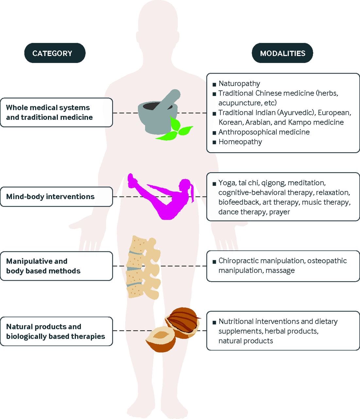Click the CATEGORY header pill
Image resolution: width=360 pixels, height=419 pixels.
click(55, 53)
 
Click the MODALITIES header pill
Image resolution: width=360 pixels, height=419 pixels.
click(282, 53)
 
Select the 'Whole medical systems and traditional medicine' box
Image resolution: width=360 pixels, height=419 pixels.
click(56, 112)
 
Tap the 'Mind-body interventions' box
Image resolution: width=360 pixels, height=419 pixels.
click(56, 196)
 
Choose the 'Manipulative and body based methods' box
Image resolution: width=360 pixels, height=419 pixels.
click(56, 266)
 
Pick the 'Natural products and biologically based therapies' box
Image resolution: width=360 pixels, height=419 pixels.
click(56, 331)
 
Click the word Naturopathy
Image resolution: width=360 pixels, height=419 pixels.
click(239, 83)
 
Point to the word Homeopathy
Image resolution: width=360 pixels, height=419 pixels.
click(240, 142)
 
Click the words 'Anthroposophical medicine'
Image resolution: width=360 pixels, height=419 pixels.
click(264, 132)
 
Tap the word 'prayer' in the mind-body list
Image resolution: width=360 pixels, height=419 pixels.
click(280, 212)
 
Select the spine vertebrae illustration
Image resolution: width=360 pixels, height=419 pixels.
click(143, 267)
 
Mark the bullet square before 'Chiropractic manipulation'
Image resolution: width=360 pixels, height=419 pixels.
click(214, 262)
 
